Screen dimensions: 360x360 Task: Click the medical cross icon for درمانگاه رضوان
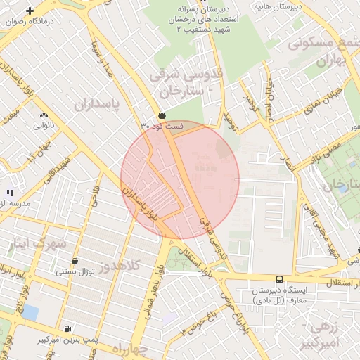pyautogui.click(x=30, y=11)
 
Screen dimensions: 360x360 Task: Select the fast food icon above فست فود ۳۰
pyautogui.click(x=162, y=115)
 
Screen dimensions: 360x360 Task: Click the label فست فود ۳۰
pyautogui.click(x=162, y=126)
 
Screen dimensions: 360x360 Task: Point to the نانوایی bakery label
pyautogui.click(x=44, y=126)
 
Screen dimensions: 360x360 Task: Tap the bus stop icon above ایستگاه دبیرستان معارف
pyautogui.click(x=280, y=279)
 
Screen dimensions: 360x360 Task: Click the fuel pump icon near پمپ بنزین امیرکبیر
pyautogui.click(x=67, y=328)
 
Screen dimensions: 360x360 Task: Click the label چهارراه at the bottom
pyautogui.click(x=131, y=349)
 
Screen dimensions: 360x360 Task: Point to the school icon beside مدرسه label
pyautogui.click(x=9, y=192)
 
